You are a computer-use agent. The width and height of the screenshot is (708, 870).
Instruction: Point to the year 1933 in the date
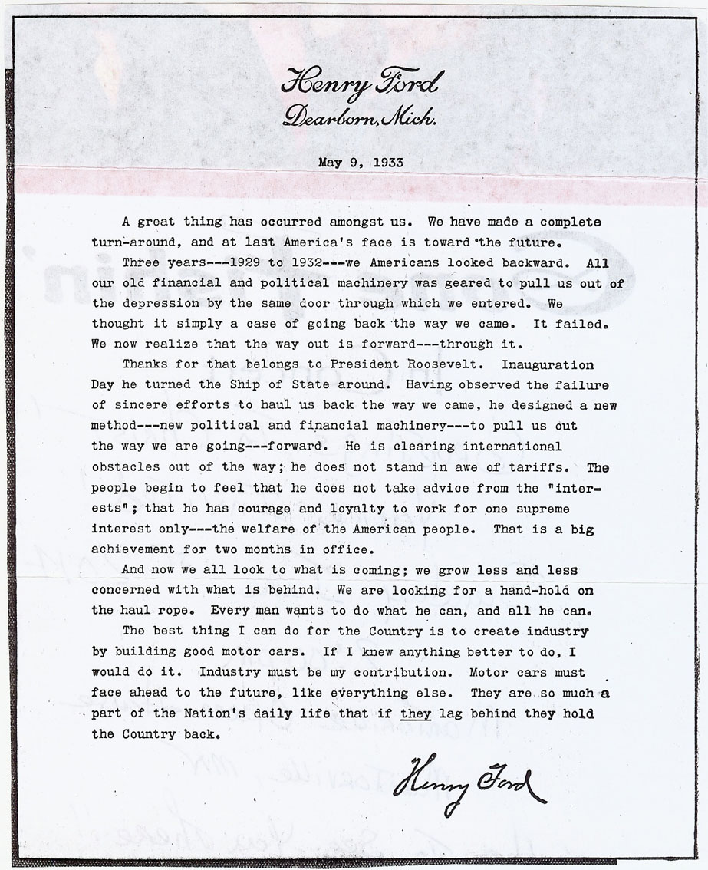pyautogui.click(x=384, y=163)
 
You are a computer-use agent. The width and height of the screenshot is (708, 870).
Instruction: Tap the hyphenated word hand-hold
pyautogui.click(x=545, y=590)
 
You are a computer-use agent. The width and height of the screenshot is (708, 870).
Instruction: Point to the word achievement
pyautogui.click(x=134, y=549)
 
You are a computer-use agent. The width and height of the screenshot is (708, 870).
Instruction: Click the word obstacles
pyautogui.click(x=126, y=466)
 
